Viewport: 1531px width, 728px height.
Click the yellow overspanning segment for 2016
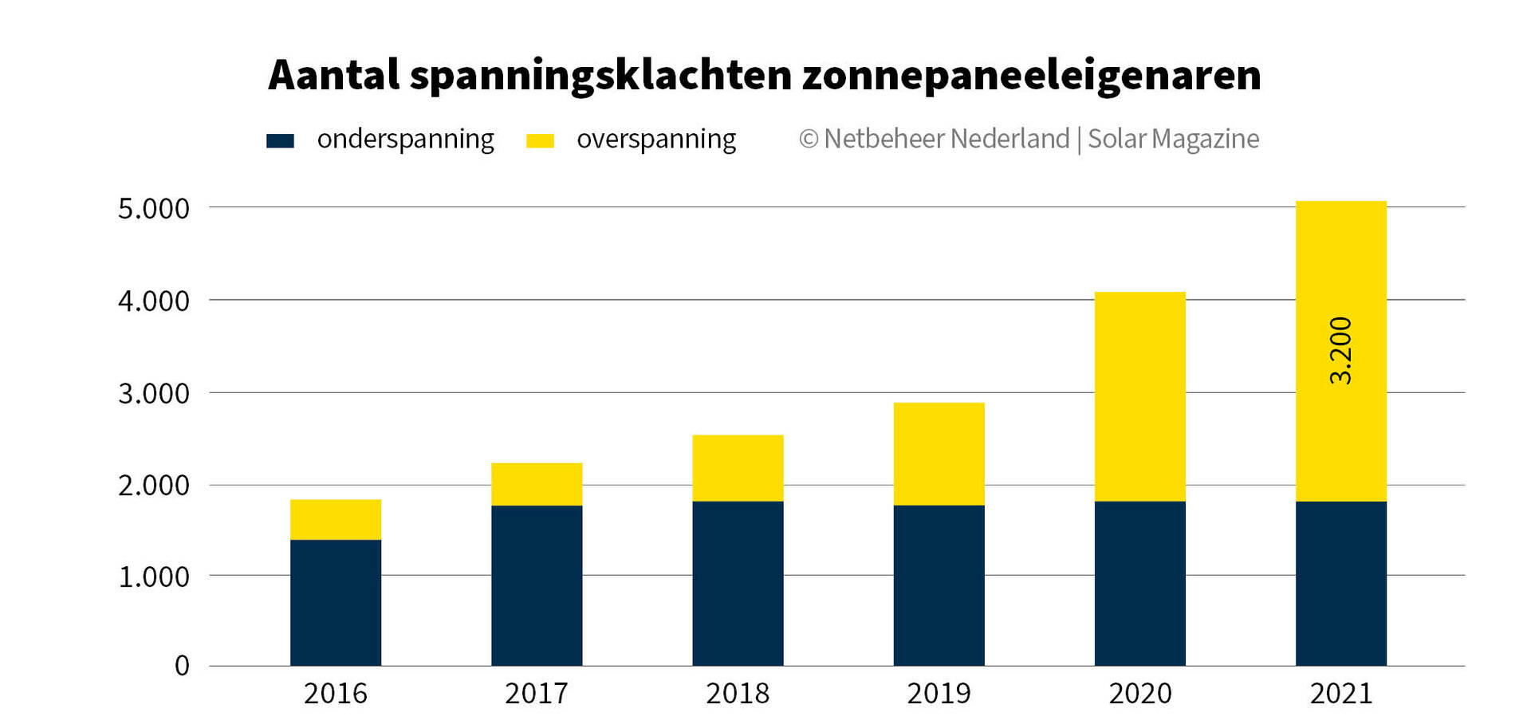click(x=336, y=520)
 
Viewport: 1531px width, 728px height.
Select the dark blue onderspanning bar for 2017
click(x=537, y=585)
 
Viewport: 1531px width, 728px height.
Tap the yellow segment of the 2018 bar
click(x=738, y=468)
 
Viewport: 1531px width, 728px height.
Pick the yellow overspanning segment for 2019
click(x=939, y=454)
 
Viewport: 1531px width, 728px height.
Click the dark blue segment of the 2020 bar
click(x=1139, y=583)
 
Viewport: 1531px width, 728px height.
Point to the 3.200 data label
click(x=1341, y=351)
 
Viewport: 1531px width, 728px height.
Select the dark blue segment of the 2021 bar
click(x=1340, y=583)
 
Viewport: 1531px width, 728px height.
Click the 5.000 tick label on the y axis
click(x=154, y=209)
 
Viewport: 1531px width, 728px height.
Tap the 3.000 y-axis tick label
click(x=154, y=393)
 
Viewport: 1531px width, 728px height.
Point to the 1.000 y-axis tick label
click(x=154, y=576)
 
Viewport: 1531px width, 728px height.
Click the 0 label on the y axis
click(x=182, y=666)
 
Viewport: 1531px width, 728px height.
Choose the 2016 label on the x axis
click(x=336, y=694)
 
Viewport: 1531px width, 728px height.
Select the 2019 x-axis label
click(x=939, y=694)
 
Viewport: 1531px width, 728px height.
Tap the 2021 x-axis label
click(x=1340, y=694)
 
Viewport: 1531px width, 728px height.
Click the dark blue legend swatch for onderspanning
click(x=280, y=141)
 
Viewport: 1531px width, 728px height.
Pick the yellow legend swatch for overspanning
click(x=540, y=141)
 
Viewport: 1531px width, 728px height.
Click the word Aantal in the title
click(x=333, y=76)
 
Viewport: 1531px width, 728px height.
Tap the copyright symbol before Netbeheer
click(x=809, y=140)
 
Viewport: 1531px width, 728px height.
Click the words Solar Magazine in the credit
click(x=1173, y=140)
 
